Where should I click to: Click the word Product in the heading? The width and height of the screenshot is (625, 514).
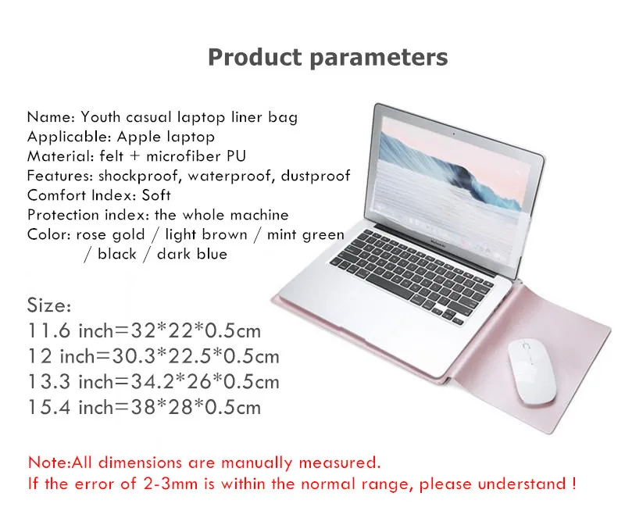[255, 57]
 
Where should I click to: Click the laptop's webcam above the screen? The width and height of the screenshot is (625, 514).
[453, 134]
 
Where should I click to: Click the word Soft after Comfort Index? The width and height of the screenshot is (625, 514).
[156, 195]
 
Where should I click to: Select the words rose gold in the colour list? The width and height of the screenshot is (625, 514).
[110, 235]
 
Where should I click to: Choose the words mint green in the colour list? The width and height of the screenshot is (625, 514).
[305, 235]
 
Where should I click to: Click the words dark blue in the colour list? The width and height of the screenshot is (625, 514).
[192, 254]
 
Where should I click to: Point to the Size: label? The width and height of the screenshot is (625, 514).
[49, 305]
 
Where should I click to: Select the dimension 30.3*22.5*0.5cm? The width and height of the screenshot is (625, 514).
[196, 356]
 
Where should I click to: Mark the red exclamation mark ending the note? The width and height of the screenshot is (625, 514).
[573, 484]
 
